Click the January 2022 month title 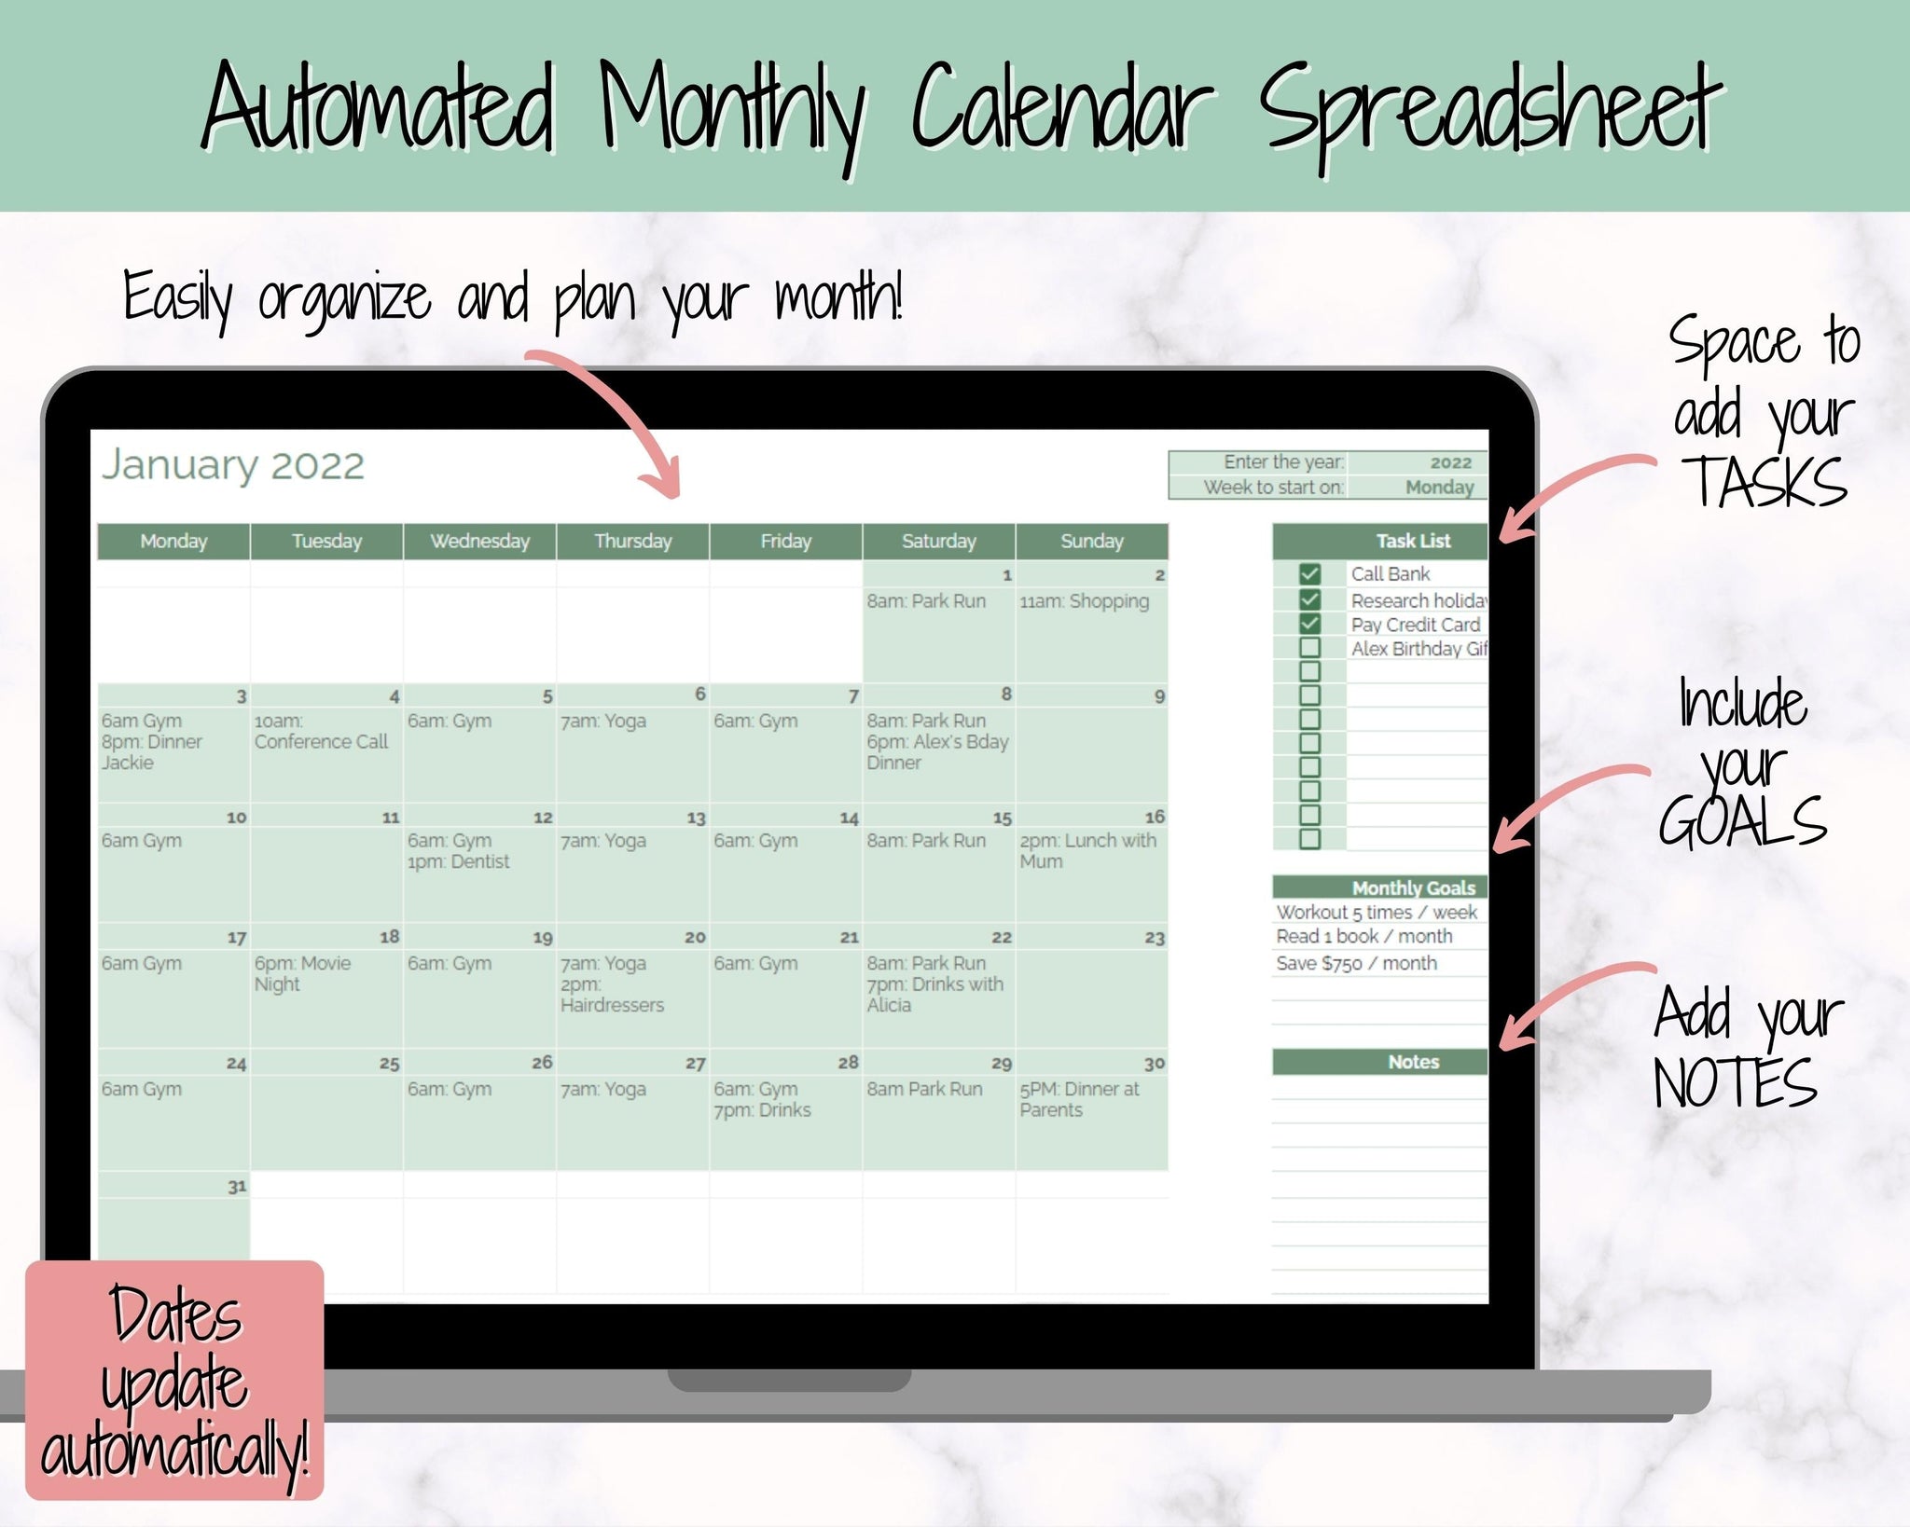[x=233, y=465]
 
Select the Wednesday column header [x=479, y=541]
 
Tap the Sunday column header [x=1092, y=541]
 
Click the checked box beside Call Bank [x=1309, y=574]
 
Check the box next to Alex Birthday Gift [x=1309, y=648]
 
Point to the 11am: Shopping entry [x=1084, y=601]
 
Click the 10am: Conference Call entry [x=321, y=731]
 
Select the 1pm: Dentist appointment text [x=458, y=861]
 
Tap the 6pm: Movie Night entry [x=303, y=973]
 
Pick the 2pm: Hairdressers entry [x=612, y=995]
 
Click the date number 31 [x=238, y=1186]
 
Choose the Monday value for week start [x=1440, y=487]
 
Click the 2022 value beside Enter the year [x=1450, y=462]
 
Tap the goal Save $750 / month [x=1356, y=963]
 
